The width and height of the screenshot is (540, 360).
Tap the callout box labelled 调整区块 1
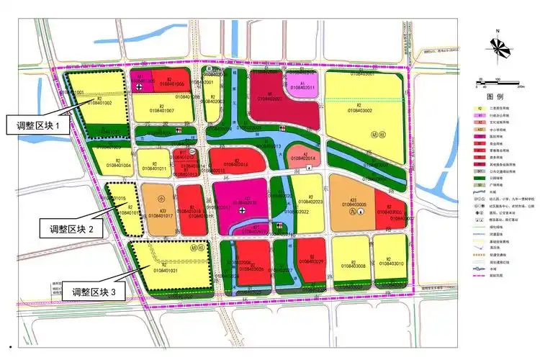(x=38, y=125)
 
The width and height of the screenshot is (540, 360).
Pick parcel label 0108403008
(x=351, y=266)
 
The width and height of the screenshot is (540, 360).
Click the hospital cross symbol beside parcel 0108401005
(x=139, y=86)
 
